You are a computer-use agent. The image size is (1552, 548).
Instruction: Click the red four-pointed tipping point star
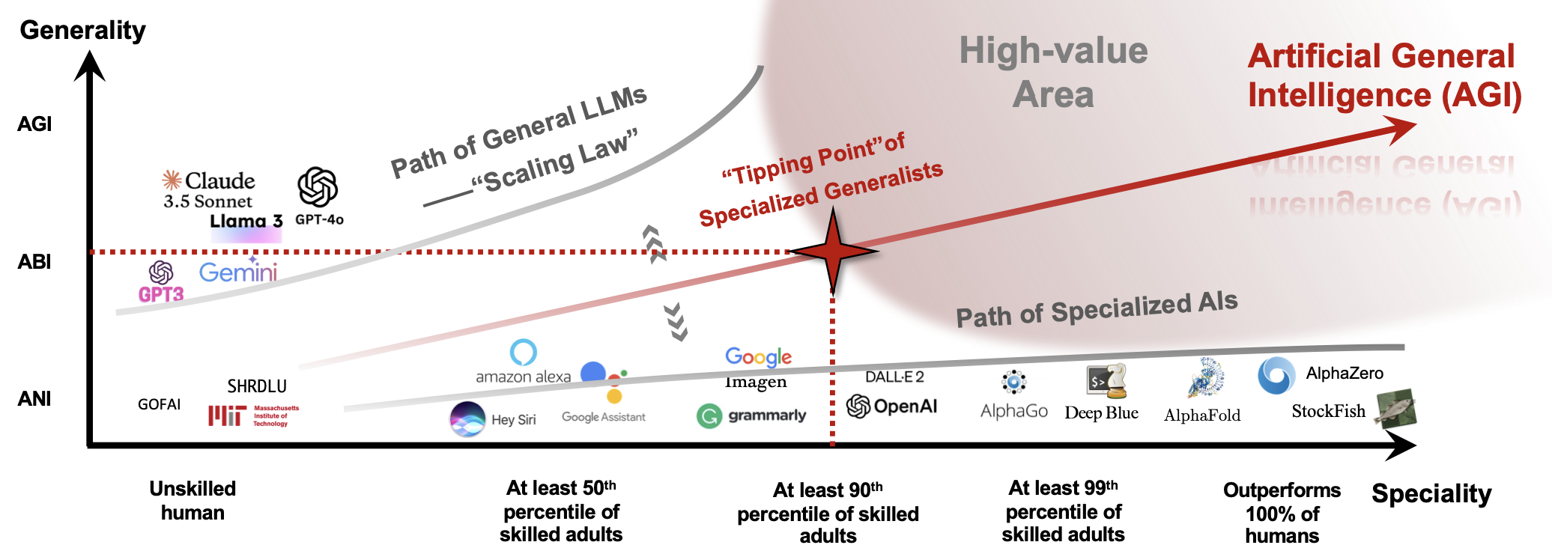point(833,252)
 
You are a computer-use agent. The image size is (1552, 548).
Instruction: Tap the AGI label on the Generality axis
point(34,124)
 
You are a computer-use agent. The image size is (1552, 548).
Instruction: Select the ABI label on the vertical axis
point(34,261)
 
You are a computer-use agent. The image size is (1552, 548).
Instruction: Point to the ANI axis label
point(34,398)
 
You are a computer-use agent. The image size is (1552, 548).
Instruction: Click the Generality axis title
point(82,30)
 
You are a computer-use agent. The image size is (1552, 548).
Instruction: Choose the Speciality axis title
point(1431,494)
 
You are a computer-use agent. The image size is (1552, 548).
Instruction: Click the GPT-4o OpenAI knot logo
point(318,186)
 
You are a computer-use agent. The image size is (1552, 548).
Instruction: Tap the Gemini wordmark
point(238,272)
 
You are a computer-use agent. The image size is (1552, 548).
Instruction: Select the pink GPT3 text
point(161,294)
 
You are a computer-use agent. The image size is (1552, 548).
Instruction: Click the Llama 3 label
point(246,221)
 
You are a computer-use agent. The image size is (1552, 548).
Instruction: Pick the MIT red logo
point(227,415)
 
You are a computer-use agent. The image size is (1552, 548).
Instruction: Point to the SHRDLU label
point(257,386)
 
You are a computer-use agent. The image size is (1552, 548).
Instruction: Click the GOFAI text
point(159,404)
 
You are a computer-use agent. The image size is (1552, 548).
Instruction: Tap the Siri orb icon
point(467,418)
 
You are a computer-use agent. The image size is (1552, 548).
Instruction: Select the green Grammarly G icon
point(709,415)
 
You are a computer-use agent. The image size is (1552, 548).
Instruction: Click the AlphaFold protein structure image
point(1205,378)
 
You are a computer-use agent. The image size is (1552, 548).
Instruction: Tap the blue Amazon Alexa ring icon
point(523,352)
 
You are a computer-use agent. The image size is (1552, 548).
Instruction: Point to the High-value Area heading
point(1053,73)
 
